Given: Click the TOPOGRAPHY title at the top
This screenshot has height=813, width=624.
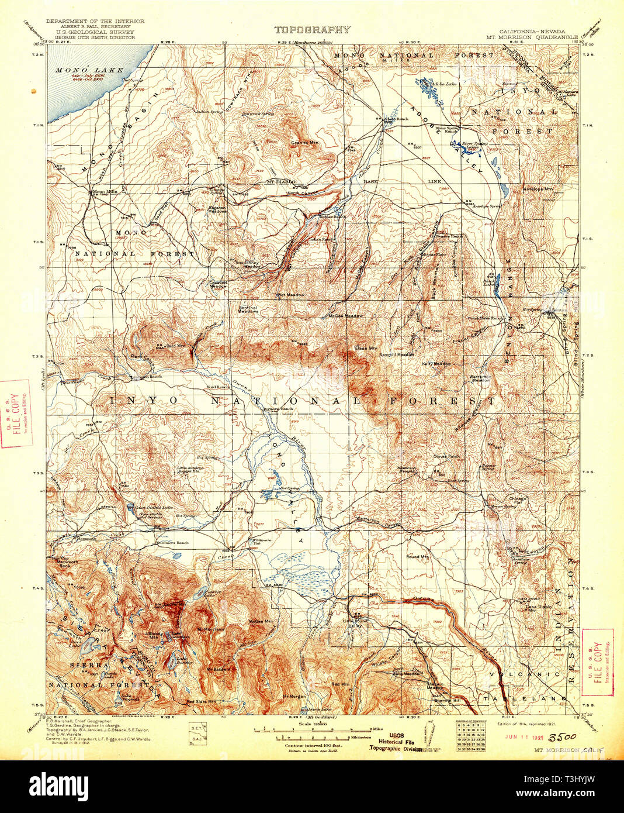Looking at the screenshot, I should coord(312,30).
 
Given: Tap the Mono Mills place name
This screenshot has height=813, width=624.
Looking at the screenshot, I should coord(101,191).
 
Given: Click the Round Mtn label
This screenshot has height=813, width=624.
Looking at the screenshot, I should coord(417,556).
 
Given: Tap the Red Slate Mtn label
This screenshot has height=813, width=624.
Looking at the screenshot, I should coord(202,701).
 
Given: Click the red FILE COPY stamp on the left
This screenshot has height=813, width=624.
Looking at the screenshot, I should coord(16,414).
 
